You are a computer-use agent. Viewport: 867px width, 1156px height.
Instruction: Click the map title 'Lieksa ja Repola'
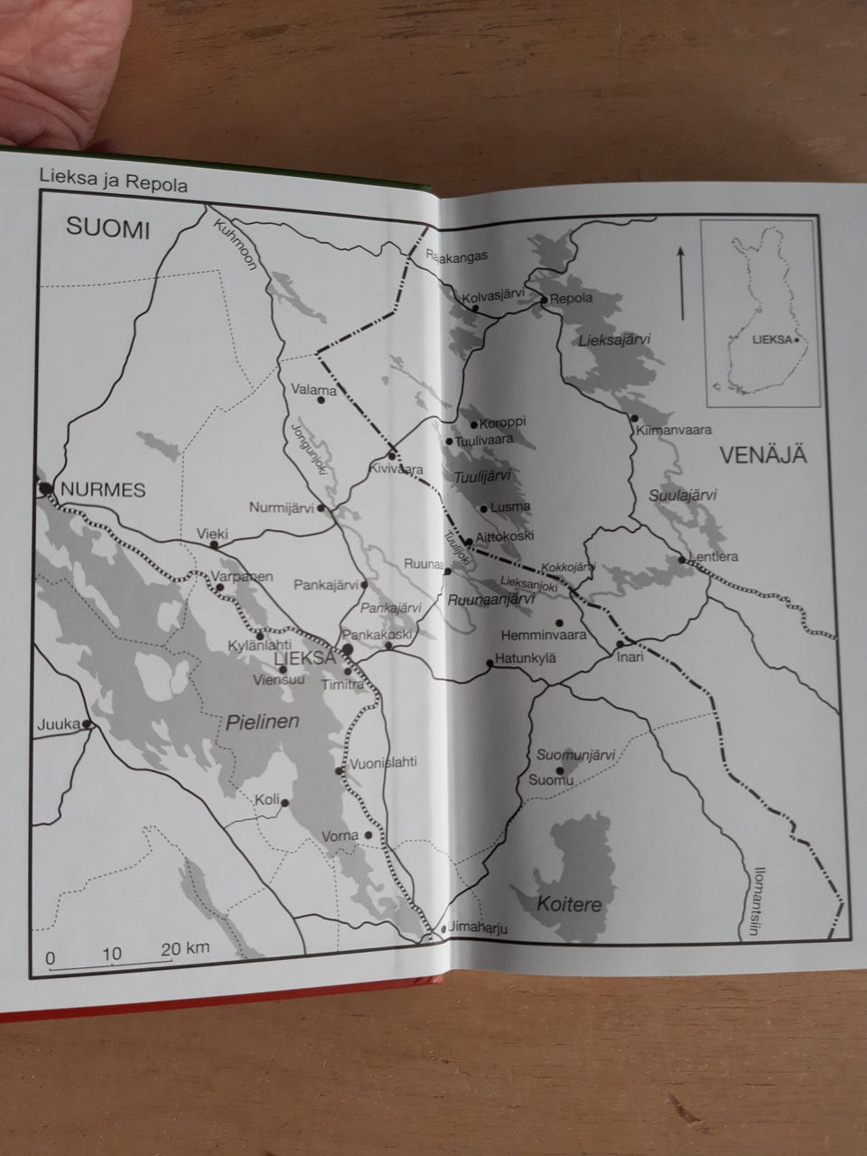coord(113,184)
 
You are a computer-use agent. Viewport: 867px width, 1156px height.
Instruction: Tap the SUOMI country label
coord(107,228)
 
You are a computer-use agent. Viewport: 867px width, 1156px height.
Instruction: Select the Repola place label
coord(571,298)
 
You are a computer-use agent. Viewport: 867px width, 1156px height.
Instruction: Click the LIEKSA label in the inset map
coord(773,340)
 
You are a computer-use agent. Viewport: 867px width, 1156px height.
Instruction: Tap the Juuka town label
coord(53,724)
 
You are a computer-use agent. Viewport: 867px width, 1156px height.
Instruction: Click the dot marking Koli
coord(285,802)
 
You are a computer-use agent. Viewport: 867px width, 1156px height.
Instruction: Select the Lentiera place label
coord(713,556)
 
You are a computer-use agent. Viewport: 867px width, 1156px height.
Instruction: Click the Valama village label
coord(315,390)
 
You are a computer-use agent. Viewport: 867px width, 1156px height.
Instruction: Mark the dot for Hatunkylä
coord(489,664)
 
